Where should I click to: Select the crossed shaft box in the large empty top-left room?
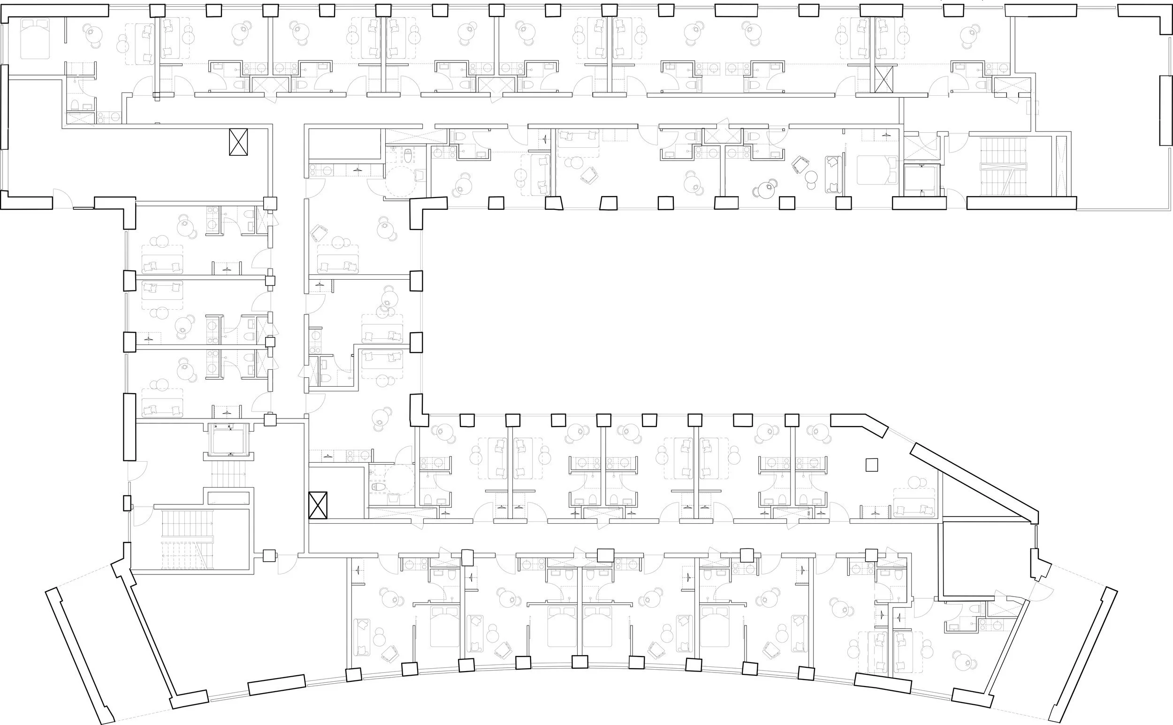(238, 142)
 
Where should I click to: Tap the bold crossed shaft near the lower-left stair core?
(318, 505)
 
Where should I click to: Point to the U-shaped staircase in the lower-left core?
(187, 540)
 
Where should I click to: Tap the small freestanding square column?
(871, 465)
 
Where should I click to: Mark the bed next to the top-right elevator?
(877, 170)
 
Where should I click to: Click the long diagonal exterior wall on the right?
(973, 482)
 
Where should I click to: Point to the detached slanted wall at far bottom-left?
(80, 655)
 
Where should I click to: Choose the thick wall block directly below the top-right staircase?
(1021, 203)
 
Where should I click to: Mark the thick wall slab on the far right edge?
(1166, 110)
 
